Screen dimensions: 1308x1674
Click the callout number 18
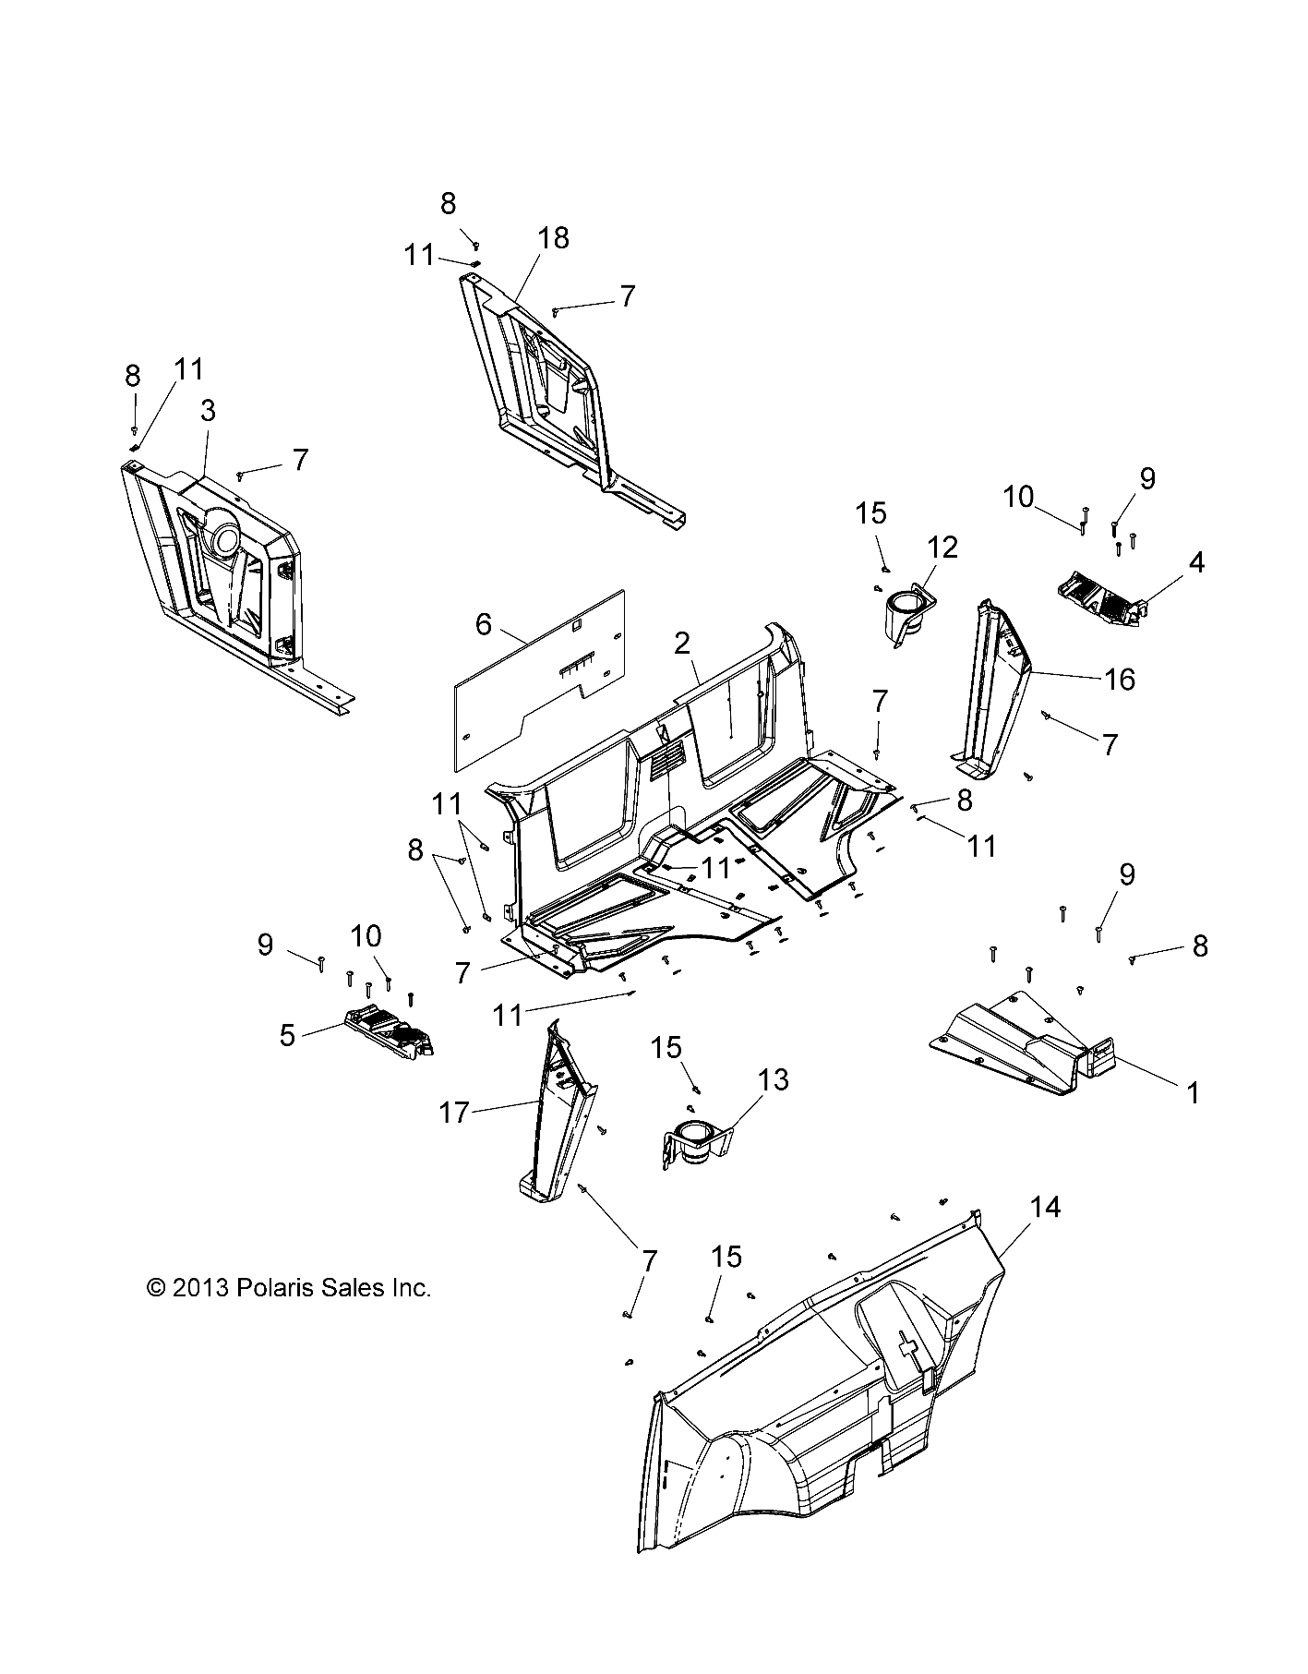click(x=554, y=238)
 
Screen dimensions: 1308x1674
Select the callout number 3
click(x=208, y=411)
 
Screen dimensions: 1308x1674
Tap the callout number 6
click(x=484, y=624)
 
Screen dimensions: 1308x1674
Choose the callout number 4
click(x=1196, y=561)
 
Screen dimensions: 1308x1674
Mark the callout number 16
click(x=1119, y=680)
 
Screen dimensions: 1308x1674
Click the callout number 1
click(x=1193, y=1092)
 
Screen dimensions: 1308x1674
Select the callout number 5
click(x=288, y=1036)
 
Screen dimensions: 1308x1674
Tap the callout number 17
click(x=454, y=1114)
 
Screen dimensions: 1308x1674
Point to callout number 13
click(x=774, y=1079)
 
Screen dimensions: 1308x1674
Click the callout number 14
click(x=1045, y=1207)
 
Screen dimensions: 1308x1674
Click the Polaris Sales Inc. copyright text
click(x=289, y=1287)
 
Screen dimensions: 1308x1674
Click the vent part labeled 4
click(x=1102, y=599)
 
